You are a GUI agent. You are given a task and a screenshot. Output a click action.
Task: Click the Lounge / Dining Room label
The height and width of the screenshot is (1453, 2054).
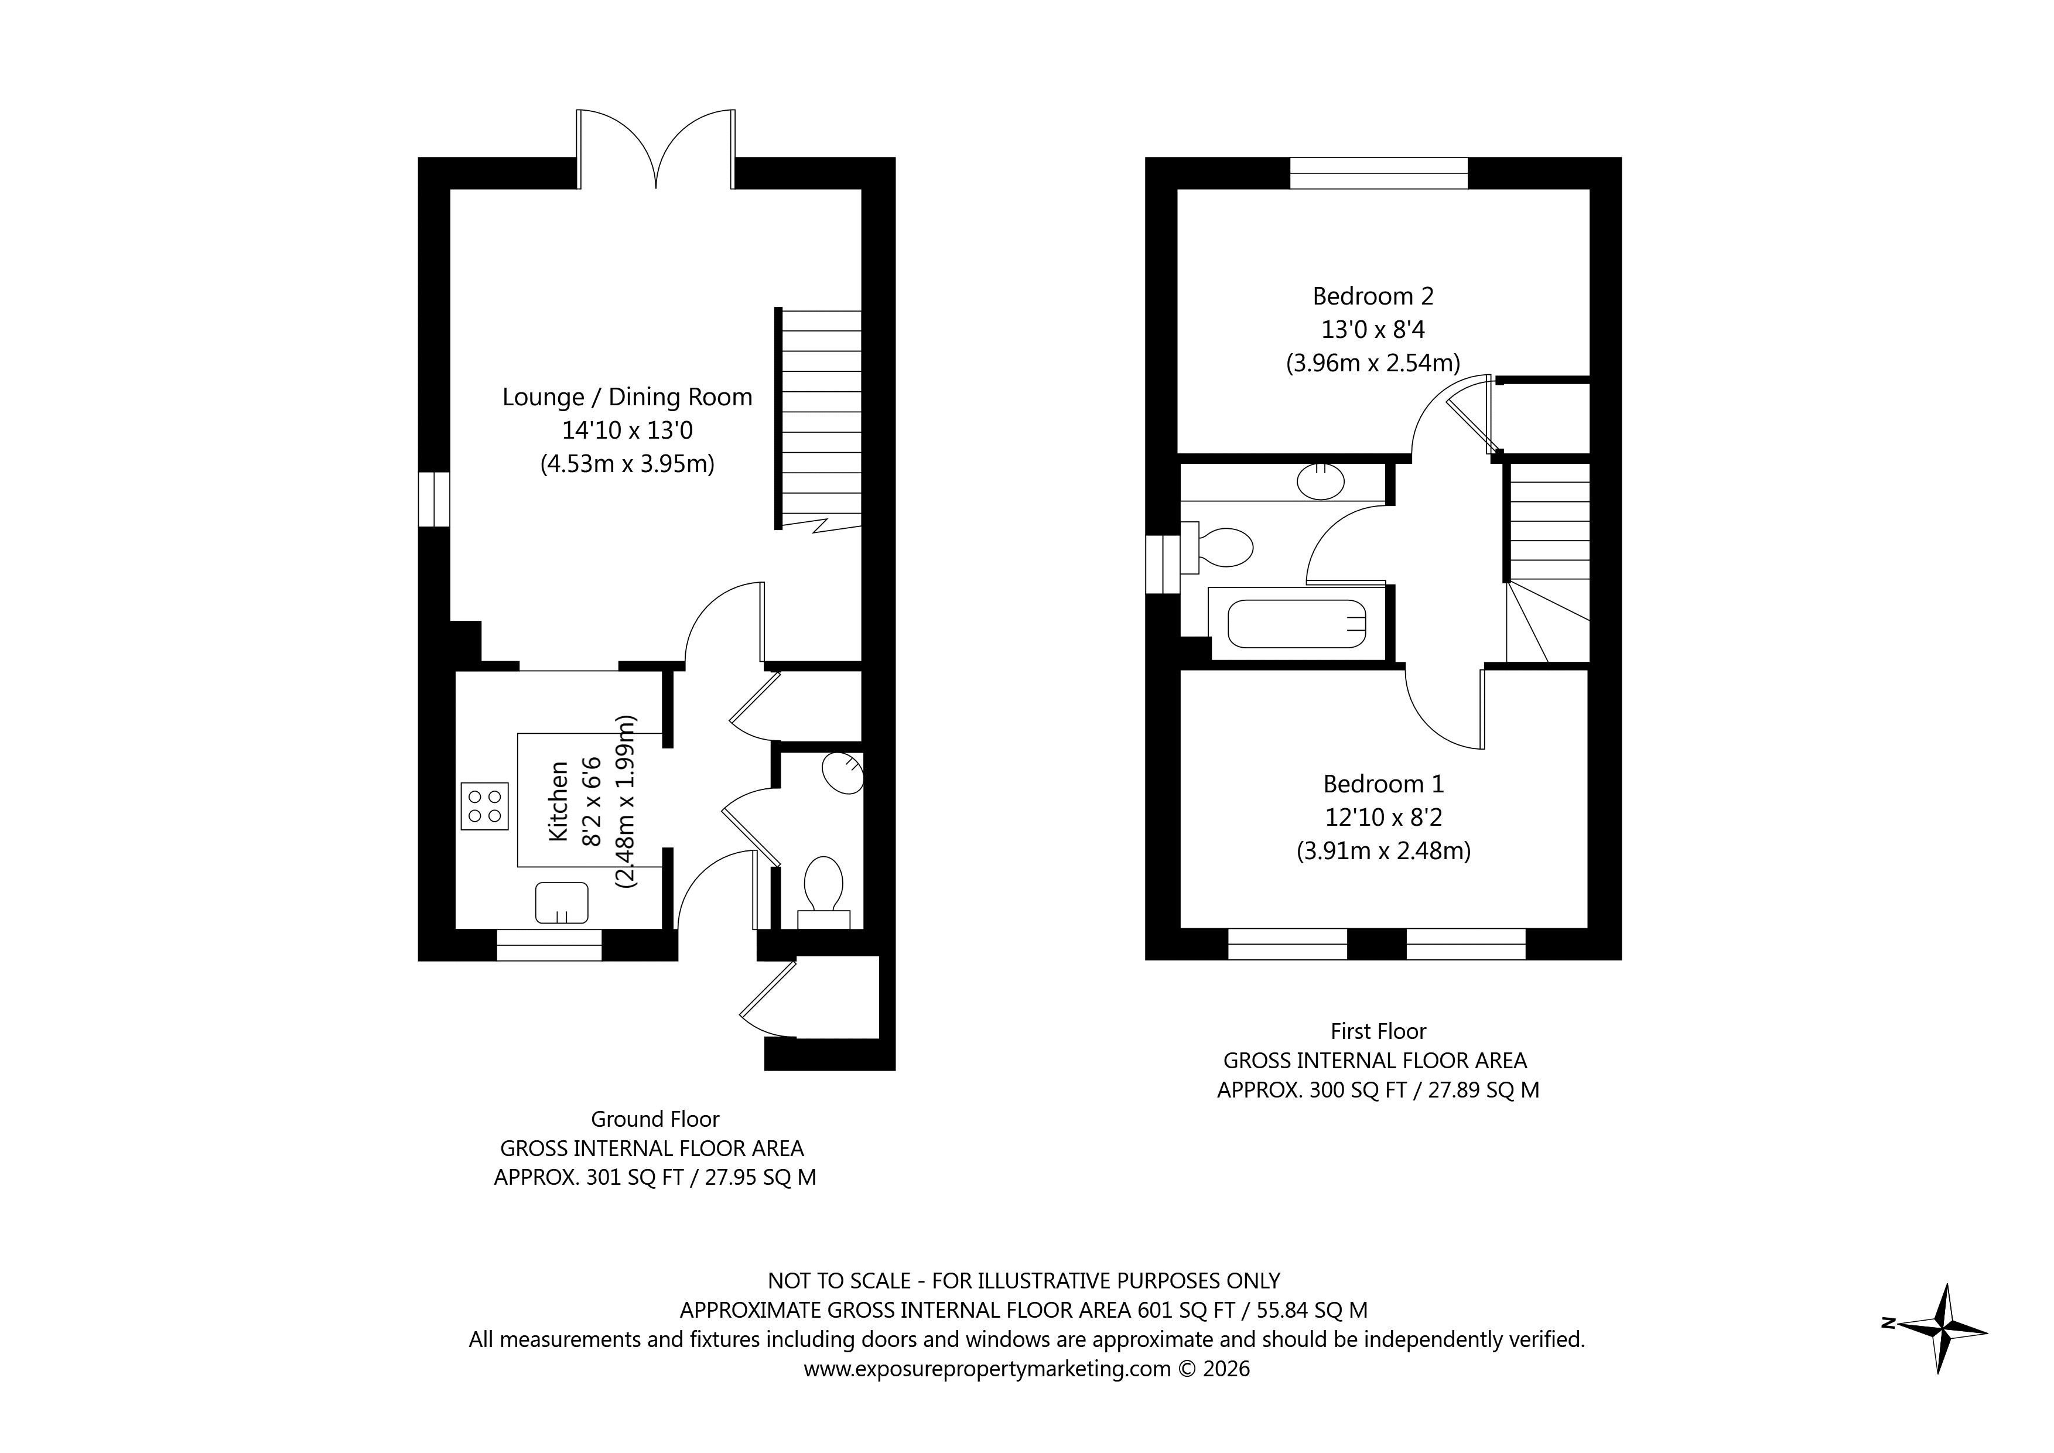coord(627,397)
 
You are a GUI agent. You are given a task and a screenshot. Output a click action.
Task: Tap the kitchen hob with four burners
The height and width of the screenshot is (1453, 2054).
coord(485,805)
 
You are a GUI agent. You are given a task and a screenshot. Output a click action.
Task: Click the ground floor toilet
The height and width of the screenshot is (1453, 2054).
coord(823,886)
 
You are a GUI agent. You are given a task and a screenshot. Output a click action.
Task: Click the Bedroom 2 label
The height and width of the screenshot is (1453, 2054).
coord(1372,296)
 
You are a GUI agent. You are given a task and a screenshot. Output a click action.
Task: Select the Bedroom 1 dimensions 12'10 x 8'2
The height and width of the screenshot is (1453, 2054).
coord(1383,817)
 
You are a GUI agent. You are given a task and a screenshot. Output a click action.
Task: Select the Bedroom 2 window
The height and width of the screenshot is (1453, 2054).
coord(1379,173)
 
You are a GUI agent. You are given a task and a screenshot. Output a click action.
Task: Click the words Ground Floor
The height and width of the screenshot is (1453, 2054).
coord(655,1119)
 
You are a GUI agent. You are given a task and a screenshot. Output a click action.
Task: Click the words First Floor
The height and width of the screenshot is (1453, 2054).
coord(1378,1031)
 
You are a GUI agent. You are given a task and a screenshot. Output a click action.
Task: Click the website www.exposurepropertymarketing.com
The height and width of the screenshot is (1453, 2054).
coord(987,1369)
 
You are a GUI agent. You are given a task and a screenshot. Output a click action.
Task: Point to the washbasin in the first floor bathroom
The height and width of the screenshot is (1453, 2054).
coord(1320,482)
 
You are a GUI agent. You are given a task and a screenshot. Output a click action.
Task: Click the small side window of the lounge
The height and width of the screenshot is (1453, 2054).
coord(434,499)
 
